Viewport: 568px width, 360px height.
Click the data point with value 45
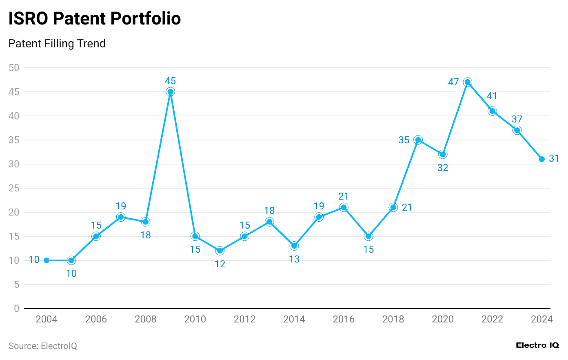tap(171, 92)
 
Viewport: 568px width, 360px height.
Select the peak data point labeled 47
tap(468, 82)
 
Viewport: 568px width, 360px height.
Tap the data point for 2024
tap(542, 159)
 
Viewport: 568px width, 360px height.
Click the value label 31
tap(554, 158)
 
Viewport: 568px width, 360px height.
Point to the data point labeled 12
tap(220, 251)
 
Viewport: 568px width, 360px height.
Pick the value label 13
tap(294, 260)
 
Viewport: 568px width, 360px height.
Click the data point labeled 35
tap(418, 140)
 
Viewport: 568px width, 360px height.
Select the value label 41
tap(492, 96)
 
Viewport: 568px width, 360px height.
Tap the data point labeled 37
tap(517, 130)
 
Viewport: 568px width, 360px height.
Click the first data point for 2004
tap(47, 260)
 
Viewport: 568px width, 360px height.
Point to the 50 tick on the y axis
tap(14, 68)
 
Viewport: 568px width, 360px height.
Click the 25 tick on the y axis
tap(14, 188)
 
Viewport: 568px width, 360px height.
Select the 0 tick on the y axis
tap(16, 309)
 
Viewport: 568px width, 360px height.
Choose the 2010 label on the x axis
tap(195, 319)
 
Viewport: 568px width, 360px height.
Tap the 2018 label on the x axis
tap(393, 319)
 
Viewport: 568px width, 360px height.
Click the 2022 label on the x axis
tap(492, 319)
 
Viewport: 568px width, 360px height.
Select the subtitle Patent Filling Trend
tap(57, 44)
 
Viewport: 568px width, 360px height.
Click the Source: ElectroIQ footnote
tap(43, 346)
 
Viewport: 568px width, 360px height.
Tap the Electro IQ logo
tap(537, 345)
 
